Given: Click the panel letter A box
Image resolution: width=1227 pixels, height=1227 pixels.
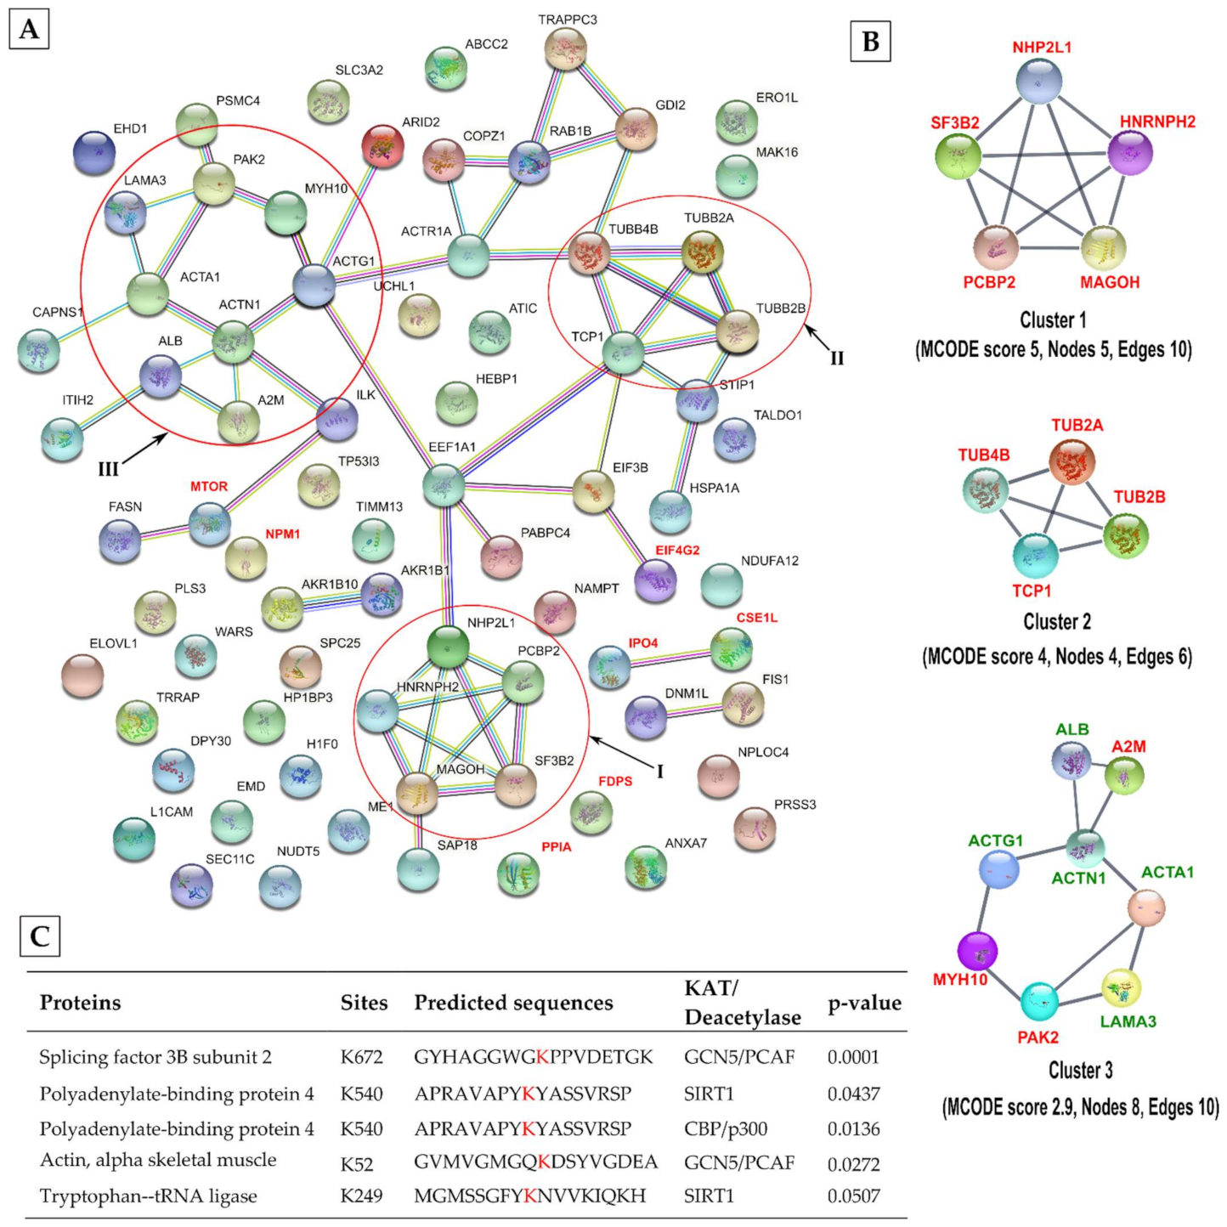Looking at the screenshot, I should [29, 30].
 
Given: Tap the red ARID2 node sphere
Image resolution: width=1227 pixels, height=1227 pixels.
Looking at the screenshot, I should [382, 145].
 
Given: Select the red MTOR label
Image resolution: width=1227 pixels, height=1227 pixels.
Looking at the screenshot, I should [209, 486].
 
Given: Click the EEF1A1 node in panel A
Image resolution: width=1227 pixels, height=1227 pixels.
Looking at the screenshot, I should [444, 485].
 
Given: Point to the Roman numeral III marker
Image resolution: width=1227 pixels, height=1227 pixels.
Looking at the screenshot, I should [108, 469].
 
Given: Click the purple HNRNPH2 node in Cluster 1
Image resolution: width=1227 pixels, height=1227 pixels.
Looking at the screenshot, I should [1130, 154].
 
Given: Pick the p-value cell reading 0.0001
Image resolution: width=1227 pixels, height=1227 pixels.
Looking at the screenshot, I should [853, 1057].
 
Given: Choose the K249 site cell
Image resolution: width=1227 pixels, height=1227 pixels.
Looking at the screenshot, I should [361, 1196].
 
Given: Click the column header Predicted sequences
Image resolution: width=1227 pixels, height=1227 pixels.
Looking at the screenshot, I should [513, 1003].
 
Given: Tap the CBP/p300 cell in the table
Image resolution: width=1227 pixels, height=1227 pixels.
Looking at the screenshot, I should [726, 1128].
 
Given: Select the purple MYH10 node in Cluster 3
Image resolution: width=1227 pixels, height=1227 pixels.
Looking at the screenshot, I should [977, 950].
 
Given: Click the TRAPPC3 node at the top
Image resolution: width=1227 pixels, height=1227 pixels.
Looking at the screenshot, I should [565, 48].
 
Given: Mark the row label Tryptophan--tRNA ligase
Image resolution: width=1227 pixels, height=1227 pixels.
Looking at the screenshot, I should [148, 1196].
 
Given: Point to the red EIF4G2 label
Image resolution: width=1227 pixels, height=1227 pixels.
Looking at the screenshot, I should [677, 551].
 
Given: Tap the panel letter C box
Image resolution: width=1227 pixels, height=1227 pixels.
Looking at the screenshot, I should [39, 936].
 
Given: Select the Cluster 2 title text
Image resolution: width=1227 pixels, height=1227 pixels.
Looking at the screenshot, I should [1056, 622].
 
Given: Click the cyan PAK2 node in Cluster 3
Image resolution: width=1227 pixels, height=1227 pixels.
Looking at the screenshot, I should [1038, 1002].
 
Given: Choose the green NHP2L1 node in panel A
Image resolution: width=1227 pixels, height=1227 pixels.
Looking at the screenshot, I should [448, 647].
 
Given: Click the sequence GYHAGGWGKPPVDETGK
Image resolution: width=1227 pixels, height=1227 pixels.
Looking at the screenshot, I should [533, 1057].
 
